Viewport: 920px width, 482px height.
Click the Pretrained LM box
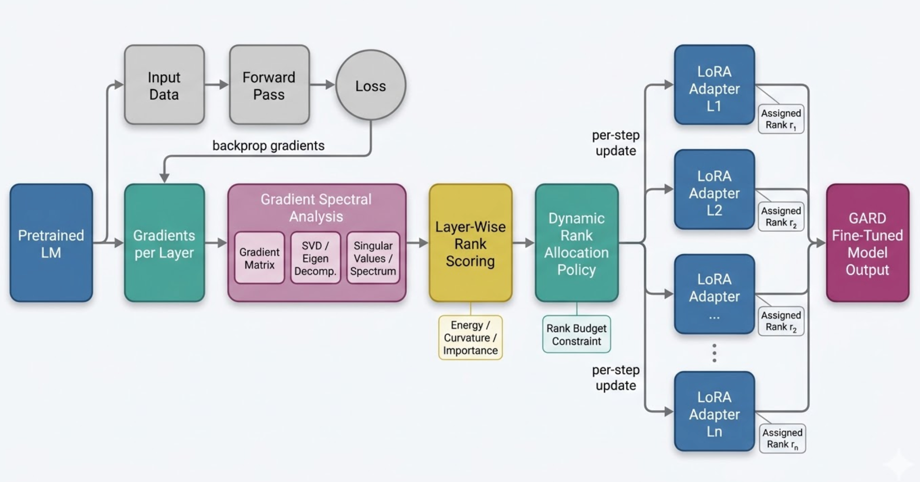tap(51, 243)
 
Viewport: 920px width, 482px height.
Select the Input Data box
tap(164, 85)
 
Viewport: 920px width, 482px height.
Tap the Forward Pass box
tap(269, 85)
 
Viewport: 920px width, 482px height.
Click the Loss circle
tap(371, 85)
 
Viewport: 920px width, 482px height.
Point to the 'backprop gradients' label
tap(268, 145)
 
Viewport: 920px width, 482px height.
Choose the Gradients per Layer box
tap(164, 243)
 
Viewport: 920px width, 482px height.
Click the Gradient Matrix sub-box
tap(259, 258)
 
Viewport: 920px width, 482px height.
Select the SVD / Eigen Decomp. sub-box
tap(315, 258)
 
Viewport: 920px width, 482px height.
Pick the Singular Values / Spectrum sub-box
tap(373, 258)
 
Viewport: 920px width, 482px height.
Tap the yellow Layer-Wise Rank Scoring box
tap(470, 243)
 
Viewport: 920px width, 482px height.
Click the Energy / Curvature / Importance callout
tap(470, 337)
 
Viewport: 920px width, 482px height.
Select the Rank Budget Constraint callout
tap(576, 334)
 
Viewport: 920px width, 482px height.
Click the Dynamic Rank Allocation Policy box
tap(576, 243)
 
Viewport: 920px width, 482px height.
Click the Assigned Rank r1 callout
tap(781, 119)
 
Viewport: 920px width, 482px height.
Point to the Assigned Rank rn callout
tap(782, 438)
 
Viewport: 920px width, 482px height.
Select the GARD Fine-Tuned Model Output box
tap(867, 243)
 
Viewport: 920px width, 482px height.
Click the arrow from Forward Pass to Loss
tap(322, 85)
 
